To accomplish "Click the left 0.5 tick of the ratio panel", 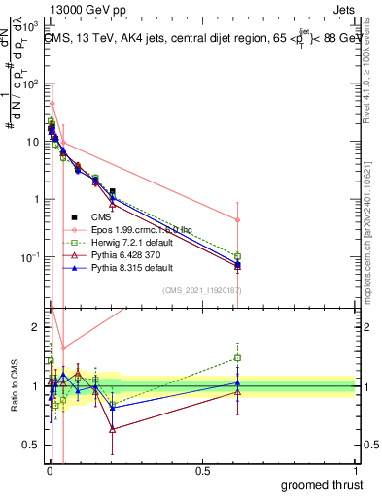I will click(x=31, y=447).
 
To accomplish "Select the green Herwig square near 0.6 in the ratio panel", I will click(x=238, y=357).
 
